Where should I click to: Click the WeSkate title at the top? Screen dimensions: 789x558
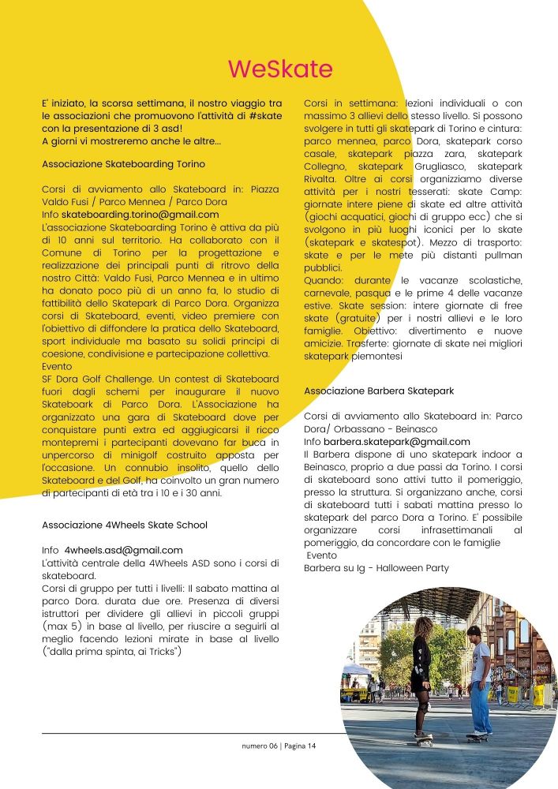coord(280,69)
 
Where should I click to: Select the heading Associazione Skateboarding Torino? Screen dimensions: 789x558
coord(123,164)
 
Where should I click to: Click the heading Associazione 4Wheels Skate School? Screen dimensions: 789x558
coord(124,524)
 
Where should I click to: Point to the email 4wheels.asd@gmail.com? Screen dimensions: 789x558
coord(124,550)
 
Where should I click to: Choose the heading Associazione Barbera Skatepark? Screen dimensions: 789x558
coord(379,391)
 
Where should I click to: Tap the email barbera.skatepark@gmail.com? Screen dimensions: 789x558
coord(396,442)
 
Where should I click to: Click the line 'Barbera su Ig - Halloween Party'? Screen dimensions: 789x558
coord(376,568)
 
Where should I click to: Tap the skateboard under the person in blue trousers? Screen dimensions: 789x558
coord(477,737)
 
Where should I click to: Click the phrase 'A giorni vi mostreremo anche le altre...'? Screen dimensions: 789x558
coord(131,141)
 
